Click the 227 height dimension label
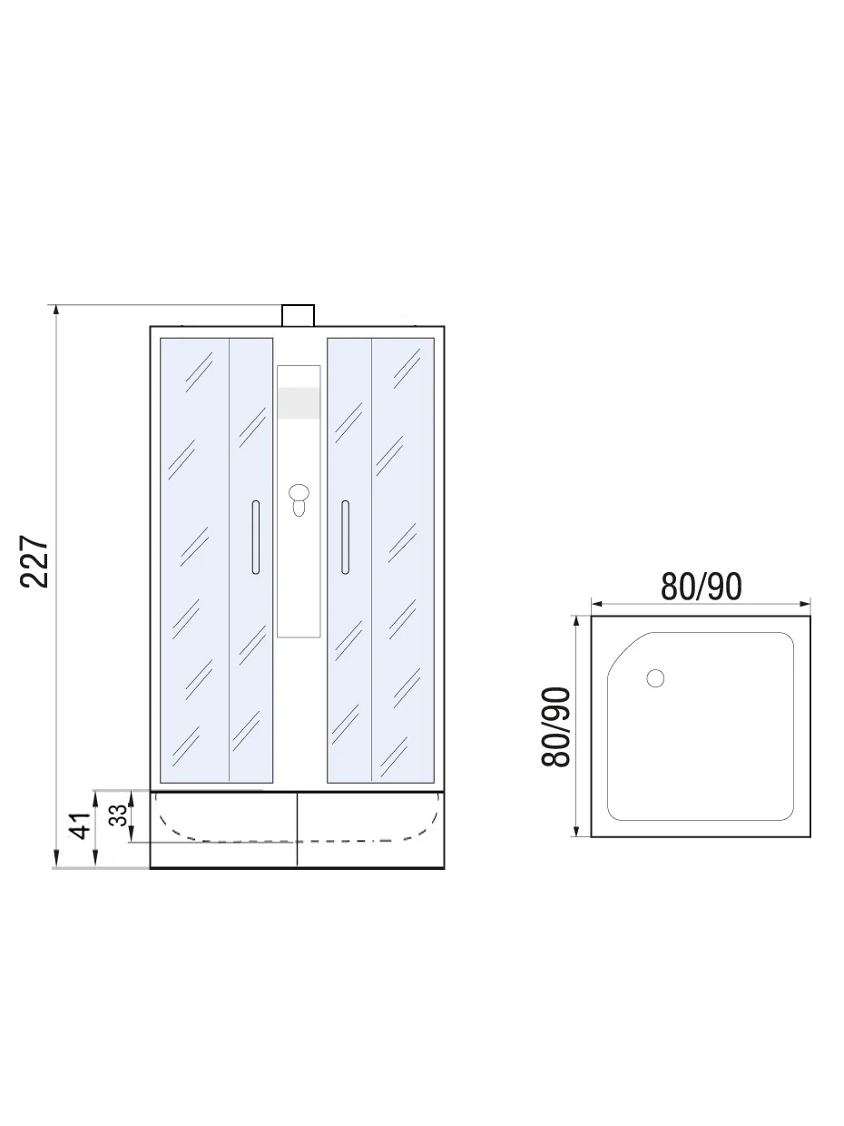tap(34, 561)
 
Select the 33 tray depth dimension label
tap(118, 815)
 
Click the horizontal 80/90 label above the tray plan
tap(701, 587)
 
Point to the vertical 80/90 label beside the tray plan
tap(556, 726)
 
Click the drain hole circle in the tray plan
tap(655, 678)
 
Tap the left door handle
tap(256, 537)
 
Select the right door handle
tap(346, 537)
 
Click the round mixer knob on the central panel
tap(299, 493)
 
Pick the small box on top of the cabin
tap(298, 315)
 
